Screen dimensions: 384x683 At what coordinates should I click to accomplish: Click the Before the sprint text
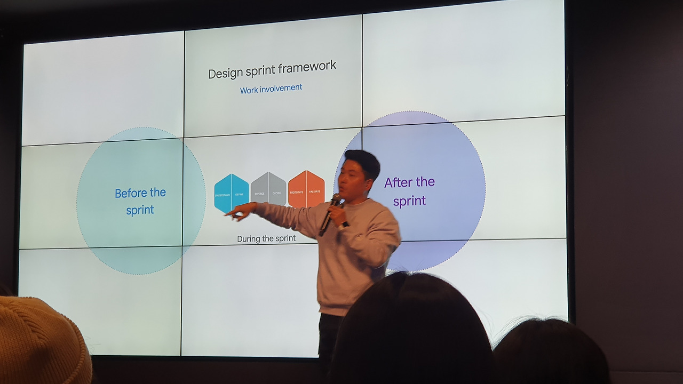(140, 201)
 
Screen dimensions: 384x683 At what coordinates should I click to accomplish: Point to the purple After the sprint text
(409, 191)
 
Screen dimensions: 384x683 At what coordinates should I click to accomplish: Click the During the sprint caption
(266, 239)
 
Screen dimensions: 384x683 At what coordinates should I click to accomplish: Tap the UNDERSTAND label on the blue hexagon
(223, 195)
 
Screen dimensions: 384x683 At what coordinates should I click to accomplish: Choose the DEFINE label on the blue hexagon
(240, 195)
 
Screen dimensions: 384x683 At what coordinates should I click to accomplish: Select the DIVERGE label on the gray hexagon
(259, 194)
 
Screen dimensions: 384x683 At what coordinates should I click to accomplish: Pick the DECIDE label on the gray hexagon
(277, 193)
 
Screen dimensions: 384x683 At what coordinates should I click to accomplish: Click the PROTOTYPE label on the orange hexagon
(297, 192)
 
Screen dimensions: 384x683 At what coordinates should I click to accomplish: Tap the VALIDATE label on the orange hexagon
(314, 191)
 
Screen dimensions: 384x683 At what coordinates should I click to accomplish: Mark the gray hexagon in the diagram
(268, 189)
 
